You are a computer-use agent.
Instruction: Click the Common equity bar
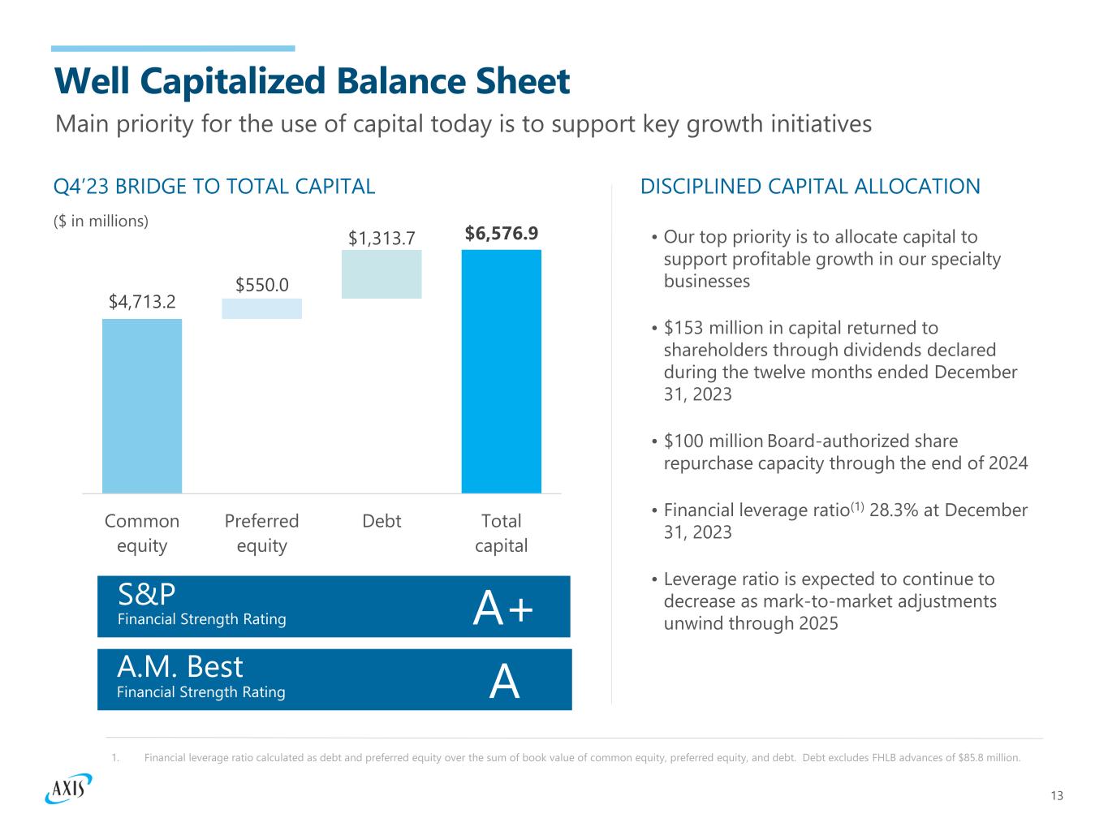tap(142, 406)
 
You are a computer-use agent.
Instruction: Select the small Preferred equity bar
tap(261, 309)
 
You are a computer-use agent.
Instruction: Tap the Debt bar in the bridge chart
tap(382, 274)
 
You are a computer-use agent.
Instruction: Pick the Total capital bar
tap(501, 371)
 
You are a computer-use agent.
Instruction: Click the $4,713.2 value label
tap(142, 302)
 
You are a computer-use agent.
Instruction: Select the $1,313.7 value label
tap(382, 238)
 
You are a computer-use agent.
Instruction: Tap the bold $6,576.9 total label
tap(501, 234)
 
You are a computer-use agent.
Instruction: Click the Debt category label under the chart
tap(382, 521)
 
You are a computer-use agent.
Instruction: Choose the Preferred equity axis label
tap(261, 532)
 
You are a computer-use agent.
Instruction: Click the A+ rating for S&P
tap(503, 609)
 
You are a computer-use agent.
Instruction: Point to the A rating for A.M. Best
tap(505, 682)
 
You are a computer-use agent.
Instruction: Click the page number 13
tap(1056, 795)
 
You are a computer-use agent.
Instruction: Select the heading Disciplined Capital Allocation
tap(810, 187)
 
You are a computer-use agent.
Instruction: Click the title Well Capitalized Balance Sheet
tap(312, 81)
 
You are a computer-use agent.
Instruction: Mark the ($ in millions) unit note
tap(101, 221)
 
